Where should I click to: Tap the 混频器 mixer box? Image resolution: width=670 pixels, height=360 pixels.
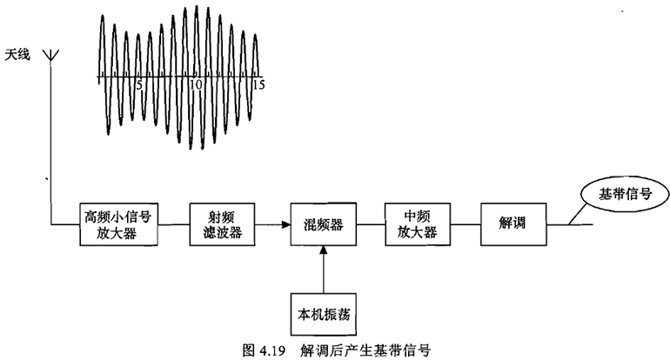(x=323, y=225)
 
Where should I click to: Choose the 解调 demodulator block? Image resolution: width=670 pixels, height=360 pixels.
(x=512, y=225)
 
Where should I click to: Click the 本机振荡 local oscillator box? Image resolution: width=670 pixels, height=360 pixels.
(x=323, y=311)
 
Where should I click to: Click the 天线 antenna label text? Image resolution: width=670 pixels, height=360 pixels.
(x=18, y=54)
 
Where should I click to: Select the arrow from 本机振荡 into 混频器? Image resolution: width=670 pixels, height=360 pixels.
(x=323, y=269)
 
